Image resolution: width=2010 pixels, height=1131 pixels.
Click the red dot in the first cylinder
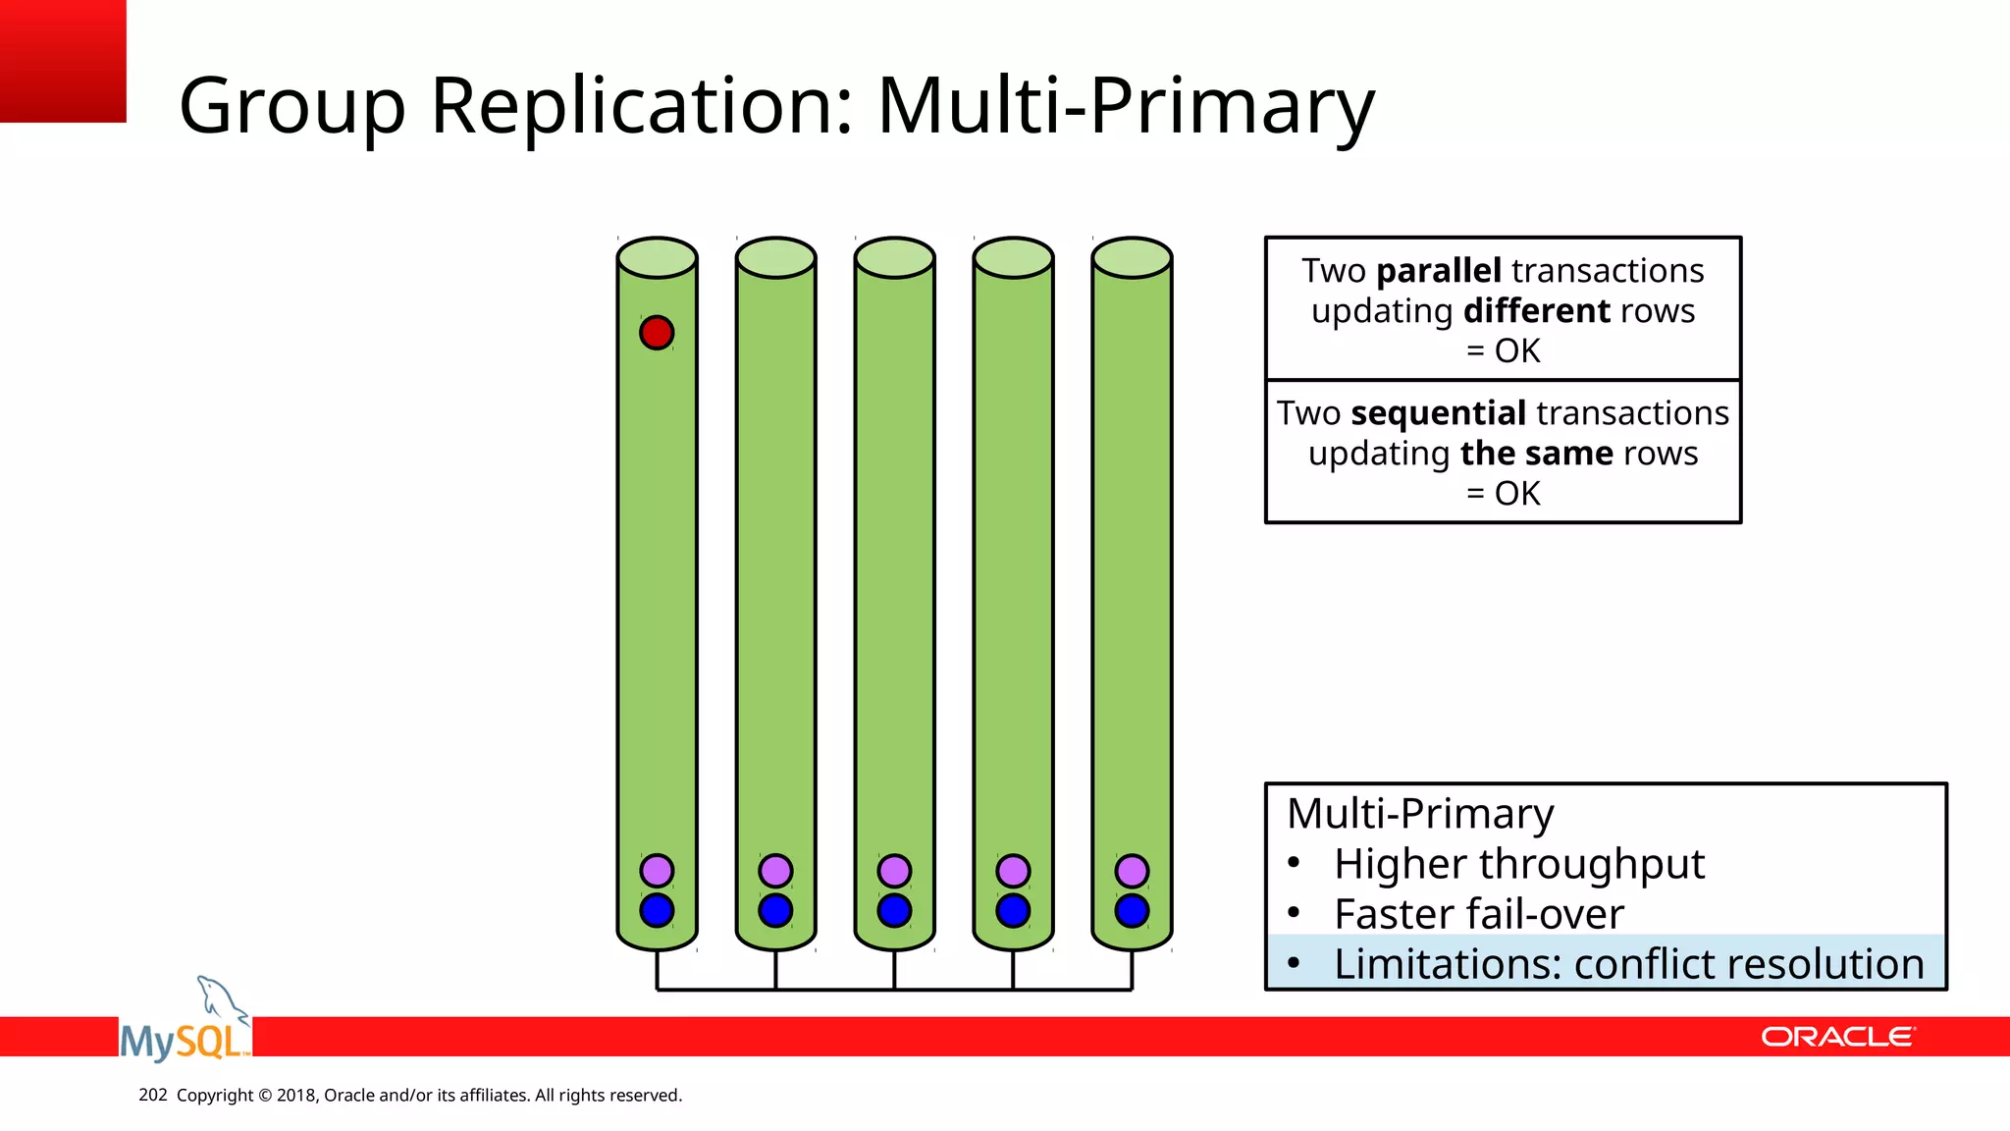coord(657,333)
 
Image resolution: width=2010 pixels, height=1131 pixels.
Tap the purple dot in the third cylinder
coord(894,871)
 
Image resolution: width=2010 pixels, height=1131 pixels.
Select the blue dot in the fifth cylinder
coord(1132,910)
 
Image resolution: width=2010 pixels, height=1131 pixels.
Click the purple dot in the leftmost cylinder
coord(657,871)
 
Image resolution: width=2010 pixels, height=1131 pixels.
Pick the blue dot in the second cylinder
coord(775,910)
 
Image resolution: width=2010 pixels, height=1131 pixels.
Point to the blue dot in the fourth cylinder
coord(1013,910)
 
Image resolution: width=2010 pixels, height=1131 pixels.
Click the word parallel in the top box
coord(1439,271)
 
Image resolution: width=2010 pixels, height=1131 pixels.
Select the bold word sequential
coord(1438,413)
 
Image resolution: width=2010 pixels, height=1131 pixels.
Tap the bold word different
coord(1536,311)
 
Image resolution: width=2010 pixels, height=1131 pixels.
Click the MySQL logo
coord(185,1026)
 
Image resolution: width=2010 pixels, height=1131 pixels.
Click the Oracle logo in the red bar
coord(1837,1037)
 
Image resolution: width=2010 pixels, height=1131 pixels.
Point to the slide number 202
coord(153,1095)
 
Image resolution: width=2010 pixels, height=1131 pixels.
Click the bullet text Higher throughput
coord(1518,864)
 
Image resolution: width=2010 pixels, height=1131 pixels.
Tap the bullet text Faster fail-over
coord(1478,914)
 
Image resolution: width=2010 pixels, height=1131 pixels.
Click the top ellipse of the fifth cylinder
coord(1132,257)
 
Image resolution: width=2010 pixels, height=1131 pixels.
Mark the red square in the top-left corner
coord(63,61)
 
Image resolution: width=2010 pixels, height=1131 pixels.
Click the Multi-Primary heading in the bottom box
coord(1420,814)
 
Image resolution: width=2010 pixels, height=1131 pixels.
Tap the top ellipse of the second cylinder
coord(775,257)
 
